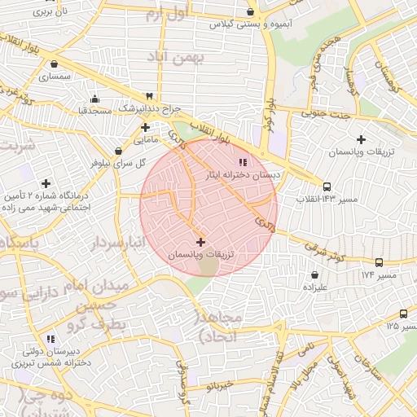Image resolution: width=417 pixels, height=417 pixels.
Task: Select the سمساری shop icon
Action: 54,64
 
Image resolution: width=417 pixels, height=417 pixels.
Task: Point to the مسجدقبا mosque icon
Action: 94,98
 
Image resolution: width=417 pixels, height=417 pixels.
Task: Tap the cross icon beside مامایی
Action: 145,127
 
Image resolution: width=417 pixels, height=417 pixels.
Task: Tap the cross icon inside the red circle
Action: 201,242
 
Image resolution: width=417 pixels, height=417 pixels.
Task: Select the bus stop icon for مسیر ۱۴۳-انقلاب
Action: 327,187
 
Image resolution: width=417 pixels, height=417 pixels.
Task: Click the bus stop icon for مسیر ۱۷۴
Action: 379,262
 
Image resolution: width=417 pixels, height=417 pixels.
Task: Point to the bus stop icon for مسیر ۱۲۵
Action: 403,314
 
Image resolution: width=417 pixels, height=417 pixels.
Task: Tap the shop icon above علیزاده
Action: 314,275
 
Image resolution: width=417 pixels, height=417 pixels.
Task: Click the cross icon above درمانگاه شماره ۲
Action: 46,183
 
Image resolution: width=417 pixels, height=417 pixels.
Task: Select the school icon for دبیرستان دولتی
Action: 50,338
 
